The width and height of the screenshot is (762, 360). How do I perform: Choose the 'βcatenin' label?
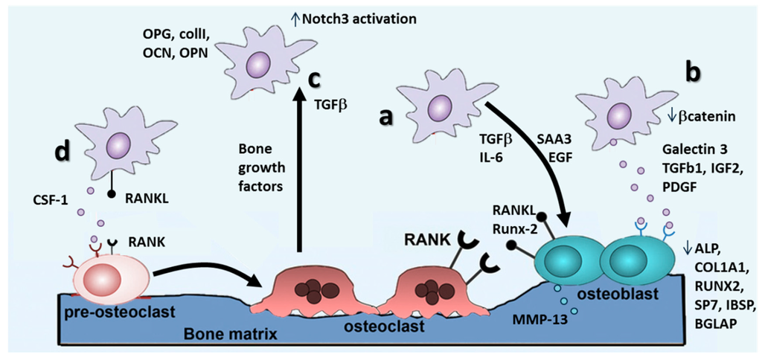click(x=704, y=116)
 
